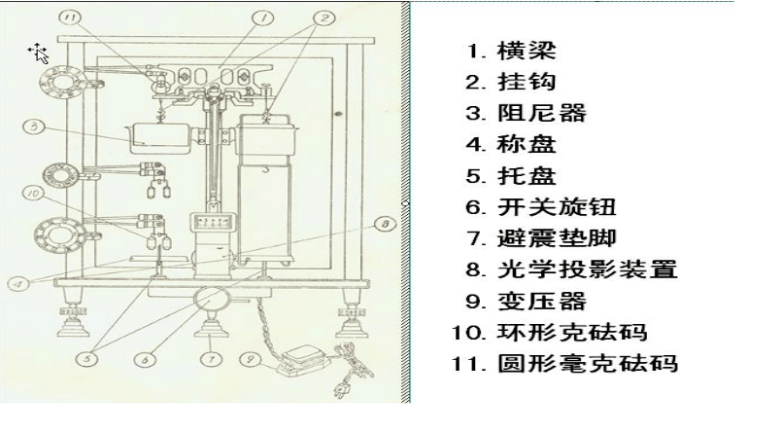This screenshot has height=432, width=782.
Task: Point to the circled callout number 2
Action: coord(323,17)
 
